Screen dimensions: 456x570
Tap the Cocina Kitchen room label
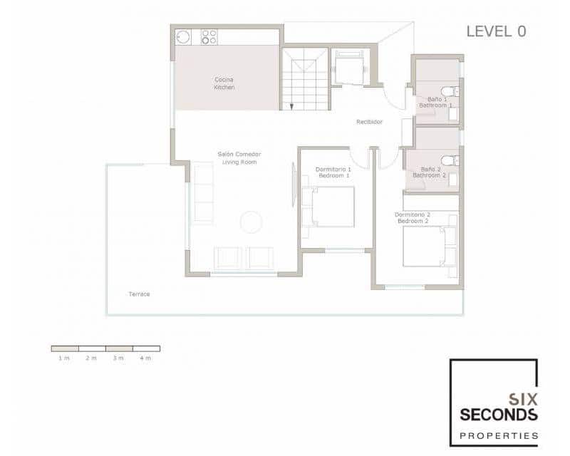point(224,83)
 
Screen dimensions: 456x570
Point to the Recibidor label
point(369,122)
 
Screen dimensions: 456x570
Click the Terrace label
point(139,294)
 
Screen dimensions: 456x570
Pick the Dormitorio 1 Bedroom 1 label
point(333,172)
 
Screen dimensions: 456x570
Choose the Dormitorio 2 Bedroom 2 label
point(413,217)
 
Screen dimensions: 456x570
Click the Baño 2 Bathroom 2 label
point(429,172)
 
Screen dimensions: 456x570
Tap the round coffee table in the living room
point(252,222)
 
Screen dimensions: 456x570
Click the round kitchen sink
point(183,36)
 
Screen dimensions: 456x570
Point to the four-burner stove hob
point(209,36)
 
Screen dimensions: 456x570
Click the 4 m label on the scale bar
point(146,358)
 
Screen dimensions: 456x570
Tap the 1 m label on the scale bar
point(64,358)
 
